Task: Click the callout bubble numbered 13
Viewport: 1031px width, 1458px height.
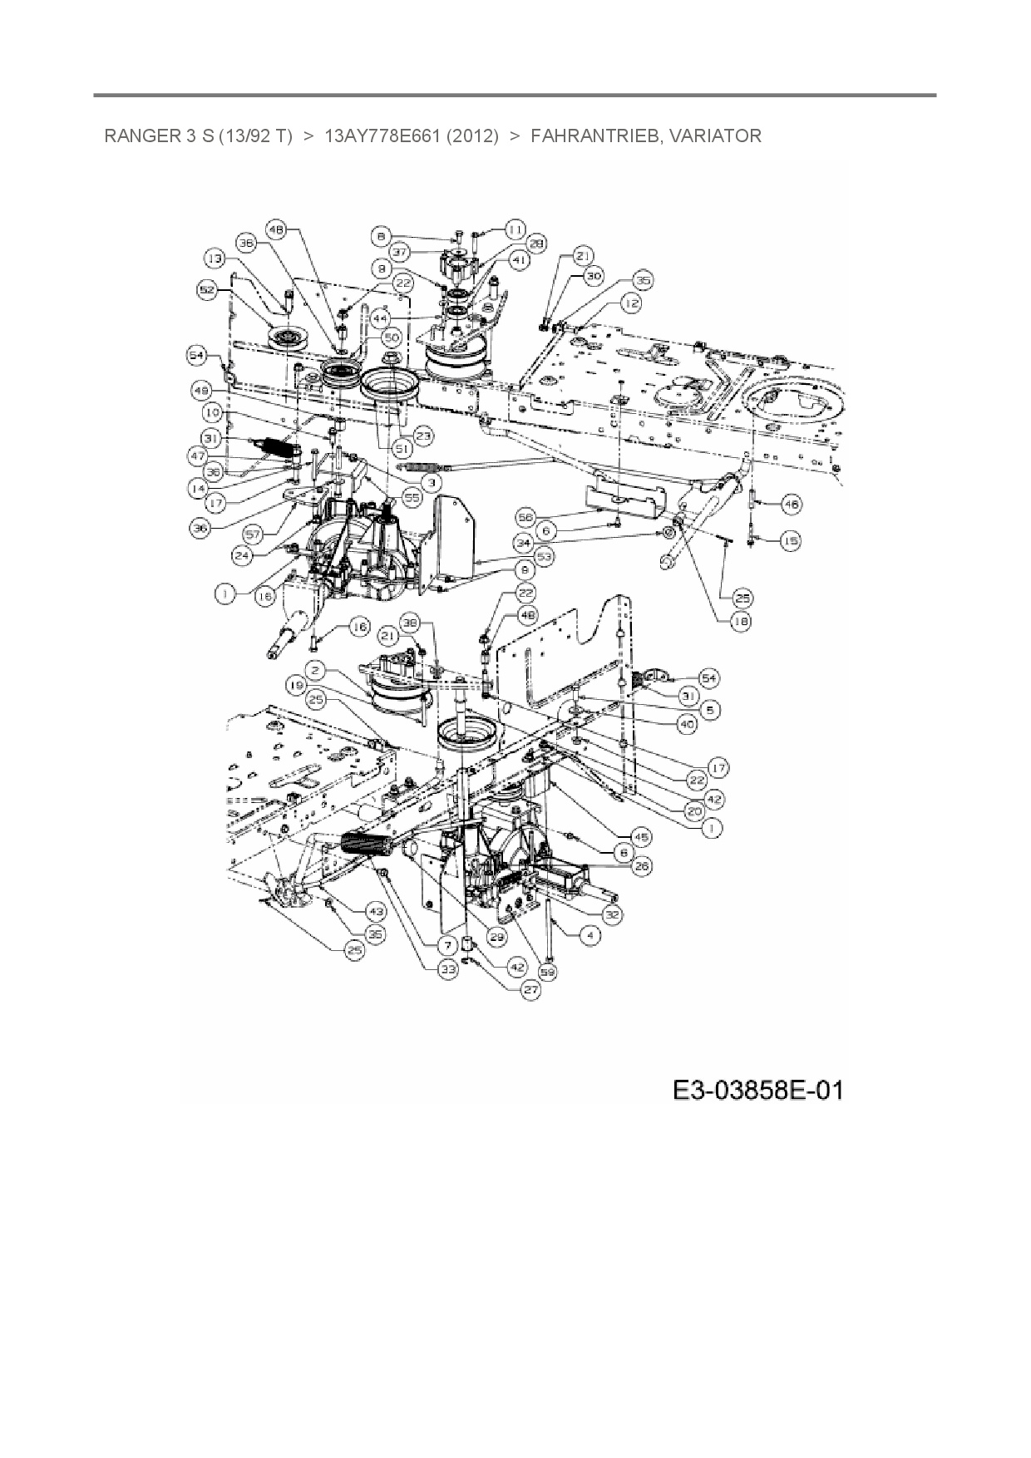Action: click(x=216, y=259)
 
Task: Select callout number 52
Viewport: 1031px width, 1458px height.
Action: click(x=207, y=289)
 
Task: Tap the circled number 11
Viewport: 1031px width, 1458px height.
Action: click(x=515, y=228)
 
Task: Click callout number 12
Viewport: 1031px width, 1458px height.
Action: click(x=631, y=304)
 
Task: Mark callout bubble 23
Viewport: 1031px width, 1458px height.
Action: click(x=425, y=435)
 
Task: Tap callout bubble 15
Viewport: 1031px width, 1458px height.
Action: click(x=790, y=541)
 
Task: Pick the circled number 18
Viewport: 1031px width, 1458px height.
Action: click(x=739, y=620)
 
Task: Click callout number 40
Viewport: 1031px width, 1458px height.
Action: click(x=687, y=724)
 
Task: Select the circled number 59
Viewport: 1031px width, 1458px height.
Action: click(x=547, y=971)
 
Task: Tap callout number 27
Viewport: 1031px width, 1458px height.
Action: click(x=530, y=990)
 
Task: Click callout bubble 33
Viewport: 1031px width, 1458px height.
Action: click(x=449, y=968)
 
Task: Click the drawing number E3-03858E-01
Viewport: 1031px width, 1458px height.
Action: click(x=757, y=1089)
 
